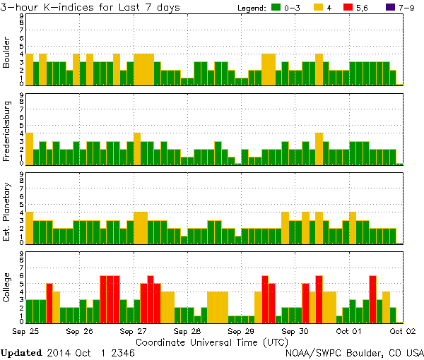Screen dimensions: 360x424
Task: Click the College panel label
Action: coord(6,287)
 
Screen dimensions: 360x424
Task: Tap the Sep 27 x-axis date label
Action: coord(133,330)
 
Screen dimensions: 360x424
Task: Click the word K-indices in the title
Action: coord(79,8)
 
